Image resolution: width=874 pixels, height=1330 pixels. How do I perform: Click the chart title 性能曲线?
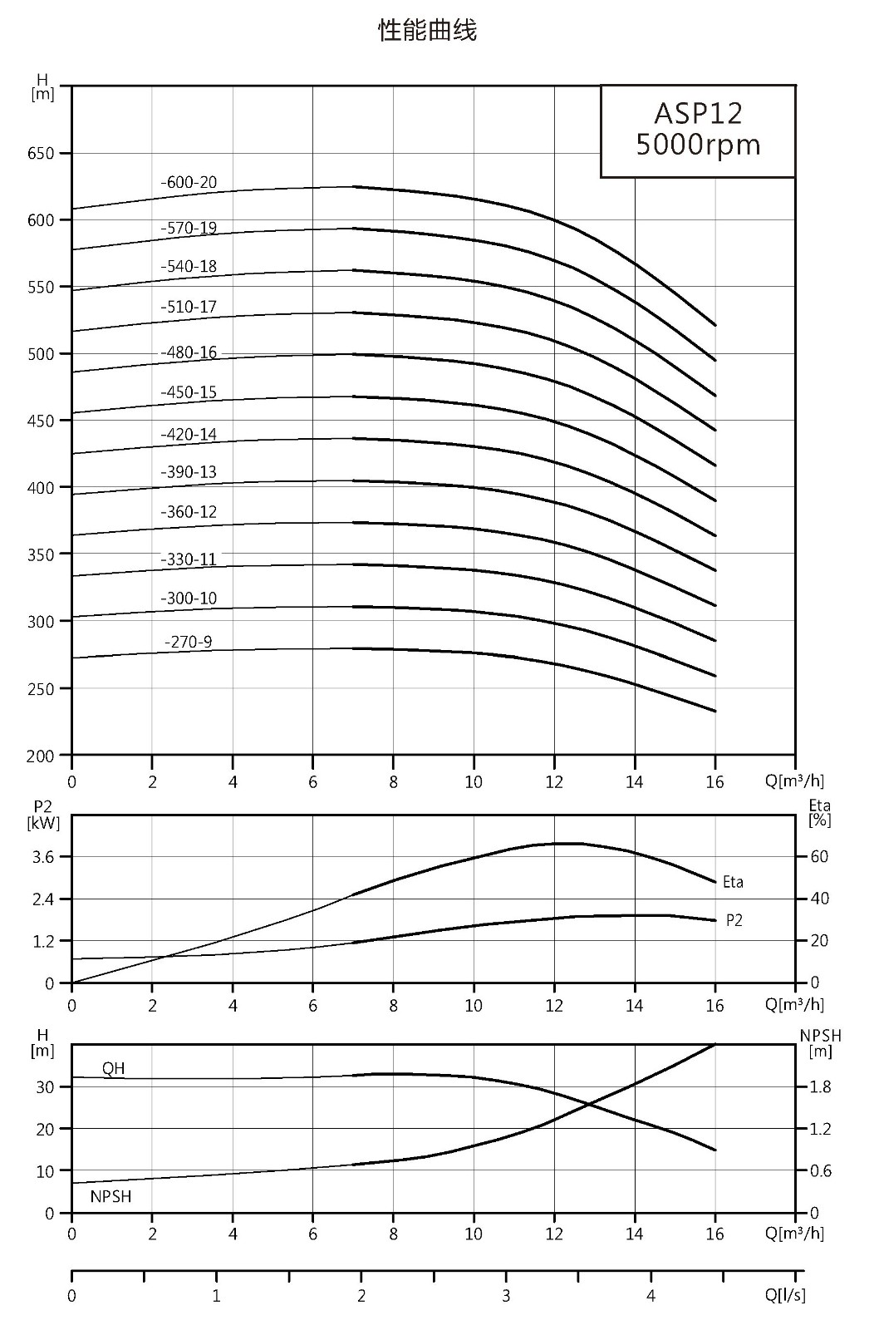[x=427, y=30]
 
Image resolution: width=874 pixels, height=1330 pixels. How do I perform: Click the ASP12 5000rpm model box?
[x=698, y=131]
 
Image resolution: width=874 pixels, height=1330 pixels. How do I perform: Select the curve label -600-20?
[x=189, y=182]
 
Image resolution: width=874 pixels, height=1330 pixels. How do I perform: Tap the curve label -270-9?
[x=188, y=642]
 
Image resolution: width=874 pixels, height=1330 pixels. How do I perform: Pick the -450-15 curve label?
[x=189, y=392]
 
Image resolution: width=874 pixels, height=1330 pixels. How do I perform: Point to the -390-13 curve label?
[x=189, y=472]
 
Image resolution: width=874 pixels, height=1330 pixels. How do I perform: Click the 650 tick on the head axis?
[x=41, y=153]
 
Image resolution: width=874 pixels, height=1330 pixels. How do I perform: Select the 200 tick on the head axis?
[x=41, y=756]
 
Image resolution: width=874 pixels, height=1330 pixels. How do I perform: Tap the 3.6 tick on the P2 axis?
[x=43, y=857]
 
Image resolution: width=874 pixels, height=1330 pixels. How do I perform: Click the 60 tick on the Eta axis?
[x=819, y=857]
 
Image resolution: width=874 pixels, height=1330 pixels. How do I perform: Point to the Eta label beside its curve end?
[x=733, y=882]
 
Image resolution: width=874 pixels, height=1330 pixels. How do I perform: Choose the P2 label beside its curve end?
[x=734, y=920]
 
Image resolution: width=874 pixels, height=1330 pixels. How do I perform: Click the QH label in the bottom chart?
[x=113, y=1069]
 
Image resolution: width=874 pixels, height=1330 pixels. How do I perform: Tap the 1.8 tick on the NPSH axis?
[x=821, y=1087]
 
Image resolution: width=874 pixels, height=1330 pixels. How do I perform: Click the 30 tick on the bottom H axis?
[x=45, y=1087]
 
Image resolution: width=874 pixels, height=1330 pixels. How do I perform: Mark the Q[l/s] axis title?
[x=785, y=1295]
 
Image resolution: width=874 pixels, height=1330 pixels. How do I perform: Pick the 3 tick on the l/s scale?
[x=506, y=1296]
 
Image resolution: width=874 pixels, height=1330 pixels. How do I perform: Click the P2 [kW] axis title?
[x=43, y=815]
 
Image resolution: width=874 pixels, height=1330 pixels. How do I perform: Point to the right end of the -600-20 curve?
[x=715, y=325]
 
